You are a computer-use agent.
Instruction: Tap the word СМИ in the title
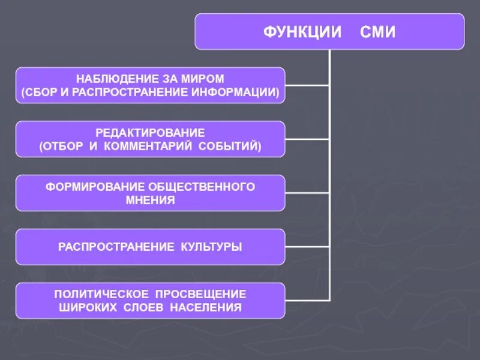coord(377,32)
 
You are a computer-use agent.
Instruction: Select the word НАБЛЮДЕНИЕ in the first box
coord(113,79)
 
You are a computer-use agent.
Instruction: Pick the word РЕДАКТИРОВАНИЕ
coord(150,133)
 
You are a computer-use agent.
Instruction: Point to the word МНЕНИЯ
coord(150,200)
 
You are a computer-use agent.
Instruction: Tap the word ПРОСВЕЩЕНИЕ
coord(201,295)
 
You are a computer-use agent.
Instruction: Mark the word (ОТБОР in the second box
coord(59,146)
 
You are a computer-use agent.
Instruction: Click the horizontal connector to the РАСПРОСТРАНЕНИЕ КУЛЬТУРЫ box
coord(307,247)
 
